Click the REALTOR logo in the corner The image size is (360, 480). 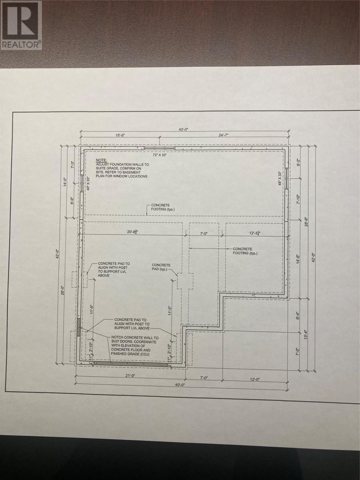pyautogui.click(x=21, y=25)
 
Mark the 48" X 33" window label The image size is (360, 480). pyautogui.click(x=280, y=178)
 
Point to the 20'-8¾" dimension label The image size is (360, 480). pyautogui.click(x=132, y=232)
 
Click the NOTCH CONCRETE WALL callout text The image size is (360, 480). pyautogui.click(x=134, y=346)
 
